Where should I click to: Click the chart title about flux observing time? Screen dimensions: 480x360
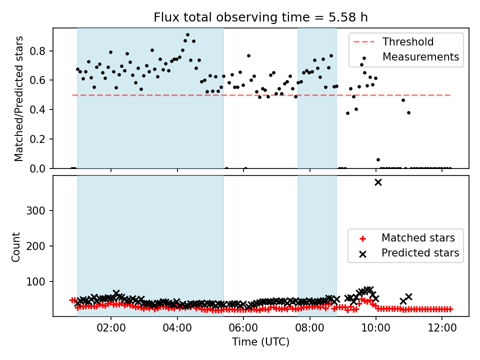(260, 17)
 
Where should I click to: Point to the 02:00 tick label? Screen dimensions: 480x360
(111, 328)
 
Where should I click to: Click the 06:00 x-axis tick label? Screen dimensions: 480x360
(243, 328)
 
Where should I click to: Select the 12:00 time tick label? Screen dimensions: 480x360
(442, 328)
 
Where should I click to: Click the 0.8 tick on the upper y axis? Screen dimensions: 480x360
(37, 51)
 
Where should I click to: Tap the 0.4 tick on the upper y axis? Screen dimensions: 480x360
(37, 109)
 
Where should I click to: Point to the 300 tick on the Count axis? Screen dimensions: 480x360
(36, 210)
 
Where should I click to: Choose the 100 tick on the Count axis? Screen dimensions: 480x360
(36, 281)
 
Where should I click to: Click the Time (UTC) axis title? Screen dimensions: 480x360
(260, 342)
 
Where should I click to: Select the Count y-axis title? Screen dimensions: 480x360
(15, 247)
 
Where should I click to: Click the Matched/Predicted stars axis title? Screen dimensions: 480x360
(18, 98)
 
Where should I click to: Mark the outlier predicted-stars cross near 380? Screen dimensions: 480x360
(378, 182)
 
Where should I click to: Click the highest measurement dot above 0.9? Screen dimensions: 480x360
(187, 35)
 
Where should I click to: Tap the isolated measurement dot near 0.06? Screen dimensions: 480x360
(378, 160)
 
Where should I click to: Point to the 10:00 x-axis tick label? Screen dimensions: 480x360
(376, 328)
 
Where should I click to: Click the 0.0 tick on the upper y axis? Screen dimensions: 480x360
(37, 168)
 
